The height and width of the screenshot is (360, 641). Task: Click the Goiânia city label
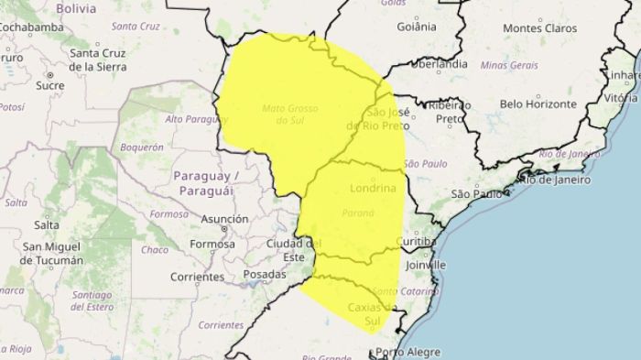tap(417, 27)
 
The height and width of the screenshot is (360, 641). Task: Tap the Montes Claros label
tap(540, 28)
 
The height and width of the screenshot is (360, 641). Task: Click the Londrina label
tap(374, 188)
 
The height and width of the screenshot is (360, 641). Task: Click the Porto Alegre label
tap(407, 352)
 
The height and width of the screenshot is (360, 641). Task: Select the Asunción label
tap(224, 219)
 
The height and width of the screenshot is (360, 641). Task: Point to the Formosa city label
tap(212, 244)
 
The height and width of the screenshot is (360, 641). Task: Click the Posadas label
tap(266, 274)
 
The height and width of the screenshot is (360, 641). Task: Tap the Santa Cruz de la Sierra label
tap(109, 60)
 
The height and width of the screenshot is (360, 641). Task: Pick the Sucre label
tap(49, 85)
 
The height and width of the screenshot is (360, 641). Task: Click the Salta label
tap(46, 224)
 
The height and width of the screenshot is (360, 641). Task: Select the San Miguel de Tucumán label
tap(53, 253)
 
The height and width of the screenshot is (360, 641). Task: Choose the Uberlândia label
tap(439, 65)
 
